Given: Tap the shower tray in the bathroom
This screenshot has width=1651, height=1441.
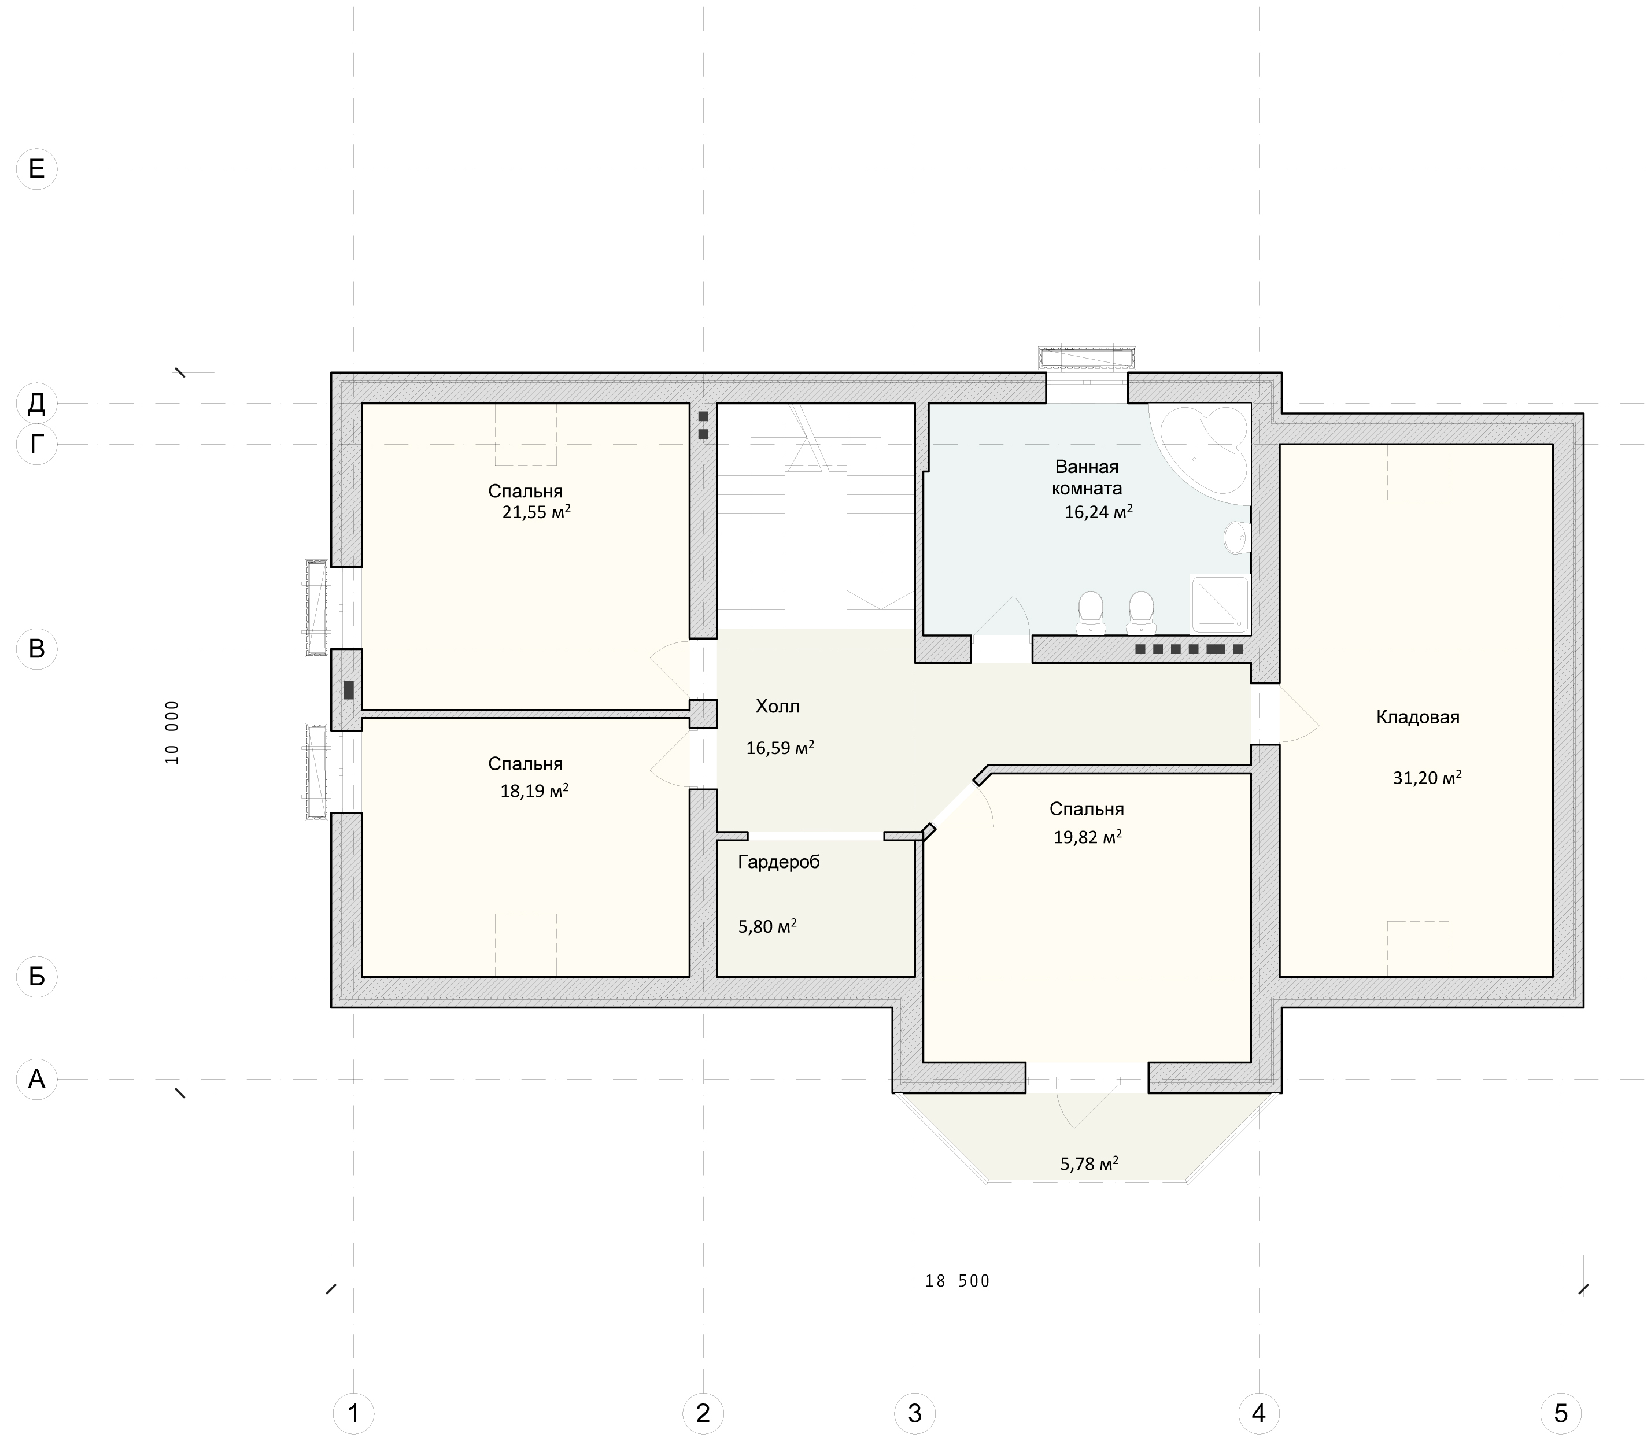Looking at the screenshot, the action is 1221,604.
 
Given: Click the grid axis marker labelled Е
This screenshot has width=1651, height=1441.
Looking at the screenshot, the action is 37,169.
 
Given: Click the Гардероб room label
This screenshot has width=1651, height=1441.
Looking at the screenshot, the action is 778,863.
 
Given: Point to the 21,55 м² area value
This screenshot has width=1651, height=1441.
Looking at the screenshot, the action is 537,512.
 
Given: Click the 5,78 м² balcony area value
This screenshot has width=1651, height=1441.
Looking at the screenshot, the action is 1089,1163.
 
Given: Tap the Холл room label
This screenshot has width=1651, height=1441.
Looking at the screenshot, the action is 778,707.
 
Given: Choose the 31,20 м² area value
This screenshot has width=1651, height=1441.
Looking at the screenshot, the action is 1427,778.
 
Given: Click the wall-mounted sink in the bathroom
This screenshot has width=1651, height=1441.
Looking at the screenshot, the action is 1238,537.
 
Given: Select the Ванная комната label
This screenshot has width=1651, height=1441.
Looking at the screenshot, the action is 1087,478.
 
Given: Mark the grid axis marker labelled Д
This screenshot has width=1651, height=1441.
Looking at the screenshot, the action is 37,403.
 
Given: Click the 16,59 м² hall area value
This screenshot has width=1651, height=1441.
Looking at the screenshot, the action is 780,748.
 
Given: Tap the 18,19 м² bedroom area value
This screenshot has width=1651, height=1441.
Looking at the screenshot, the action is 535,790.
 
